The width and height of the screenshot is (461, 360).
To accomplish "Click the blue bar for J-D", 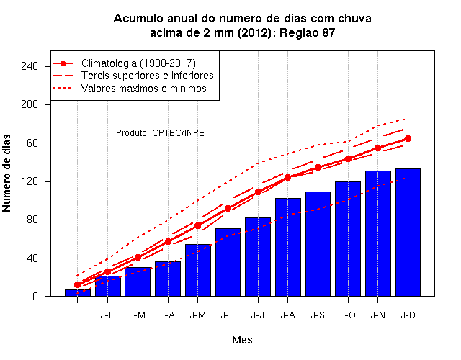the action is [408, 232].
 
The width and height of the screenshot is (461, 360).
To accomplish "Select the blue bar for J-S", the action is [318, 244].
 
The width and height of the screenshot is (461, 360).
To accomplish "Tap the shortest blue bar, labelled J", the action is [78, 293].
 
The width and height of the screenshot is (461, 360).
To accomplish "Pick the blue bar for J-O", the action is [348, 239].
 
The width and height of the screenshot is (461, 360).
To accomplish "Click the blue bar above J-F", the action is [107, 286].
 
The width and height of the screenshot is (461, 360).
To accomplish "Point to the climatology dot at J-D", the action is [408, 138].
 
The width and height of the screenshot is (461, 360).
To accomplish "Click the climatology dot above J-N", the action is [377, 148].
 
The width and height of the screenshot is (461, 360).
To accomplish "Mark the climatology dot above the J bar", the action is [78, 284].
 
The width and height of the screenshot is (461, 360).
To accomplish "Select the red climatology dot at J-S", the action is [318, 167].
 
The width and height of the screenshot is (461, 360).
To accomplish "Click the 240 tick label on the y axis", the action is [30, 66].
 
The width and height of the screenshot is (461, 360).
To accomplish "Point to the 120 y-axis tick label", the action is [30, 181].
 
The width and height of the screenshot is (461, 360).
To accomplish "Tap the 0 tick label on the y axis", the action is [35, 296].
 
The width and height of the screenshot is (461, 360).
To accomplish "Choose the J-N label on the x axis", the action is [377, 315].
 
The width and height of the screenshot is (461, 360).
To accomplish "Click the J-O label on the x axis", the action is [348, 315].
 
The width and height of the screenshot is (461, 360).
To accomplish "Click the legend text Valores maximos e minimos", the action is [144, 89].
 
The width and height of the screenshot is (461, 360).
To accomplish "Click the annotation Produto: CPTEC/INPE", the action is [160, 132].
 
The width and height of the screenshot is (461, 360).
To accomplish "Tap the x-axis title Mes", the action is [242, 340].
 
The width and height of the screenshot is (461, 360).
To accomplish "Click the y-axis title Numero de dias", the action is [6, 174].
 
